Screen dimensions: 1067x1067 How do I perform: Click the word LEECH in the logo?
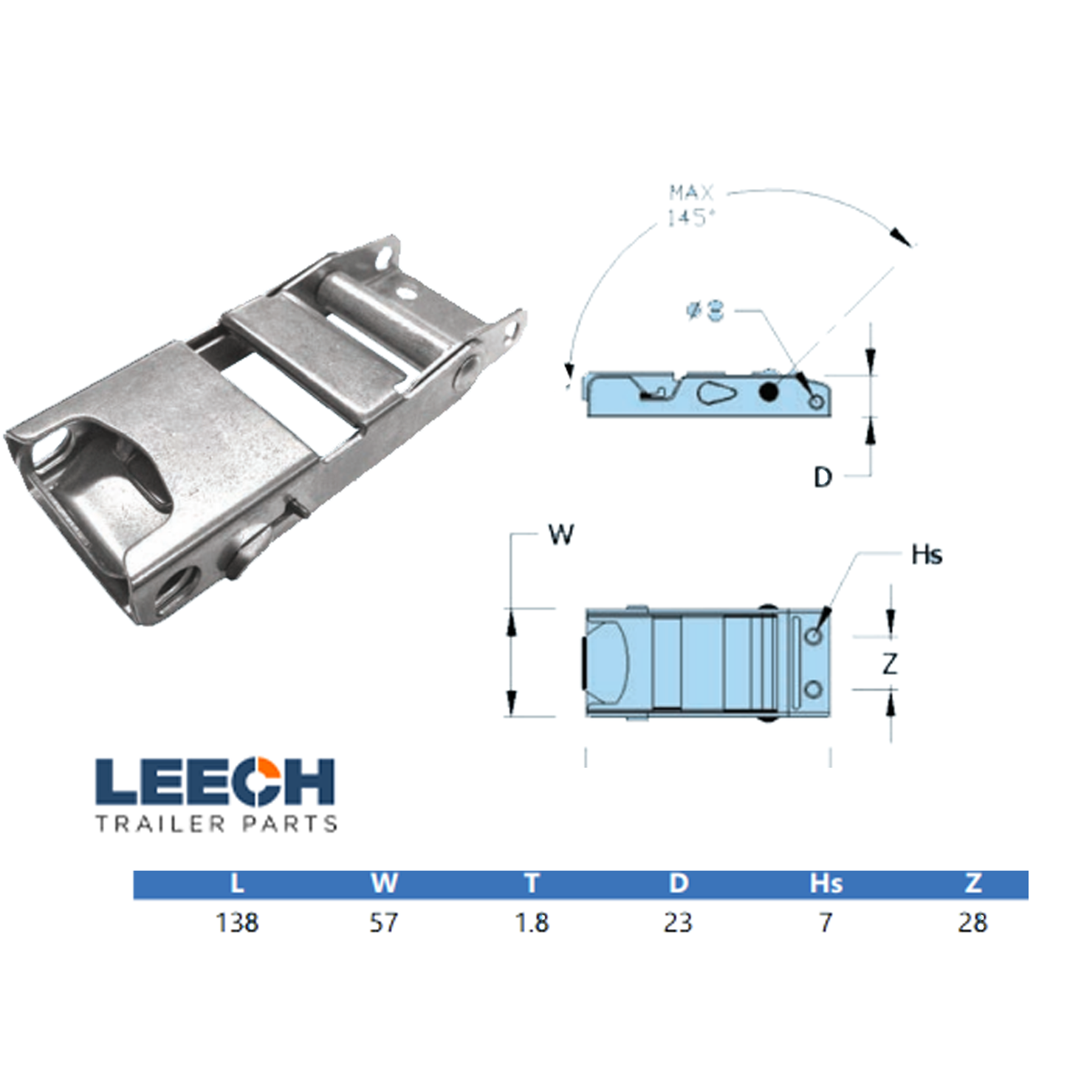click(215, 781)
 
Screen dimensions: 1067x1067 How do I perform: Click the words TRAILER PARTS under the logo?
click(216, 823)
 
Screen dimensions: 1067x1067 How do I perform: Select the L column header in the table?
click(237, 883)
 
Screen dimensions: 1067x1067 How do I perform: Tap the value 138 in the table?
click(237, 922)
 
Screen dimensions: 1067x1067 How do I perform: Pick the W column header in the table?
click(384, 883)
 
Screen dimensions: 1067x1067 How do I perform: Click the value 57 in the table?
click(384, 922)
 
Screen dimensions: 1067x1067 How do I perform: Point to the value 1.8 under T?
click(532, 922)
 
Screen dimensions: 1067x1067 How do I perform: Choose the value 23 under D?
click(678, 922)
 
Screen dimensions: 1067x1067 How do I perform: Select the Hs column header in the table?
click(826, 883)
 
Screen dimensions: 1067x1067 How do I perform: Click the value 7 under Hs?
click(826, 922)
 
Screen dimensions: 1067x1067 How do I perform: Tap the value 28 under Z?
click(972, 922)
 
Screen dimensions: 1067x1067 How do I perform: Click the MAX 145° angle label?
click(691, 205)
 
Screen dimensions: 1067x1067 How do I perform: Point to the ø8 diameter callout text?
click(706, 310)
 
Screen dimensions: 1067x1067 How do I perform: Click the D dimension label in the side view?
click(823, 478)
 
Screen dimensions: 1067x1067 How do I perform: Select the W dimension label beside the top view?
click(561, 534)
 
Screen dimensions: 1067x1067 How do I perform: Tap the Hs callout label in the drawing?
click(927, 555)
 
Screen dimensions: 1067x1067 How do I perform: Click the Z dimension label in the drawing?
click(891, 664)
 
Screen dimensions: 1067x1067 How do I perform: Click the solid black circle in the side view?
click(769, 391)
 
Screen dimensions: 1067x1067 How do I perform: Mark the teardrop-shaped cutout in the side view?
click(716, 392)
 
